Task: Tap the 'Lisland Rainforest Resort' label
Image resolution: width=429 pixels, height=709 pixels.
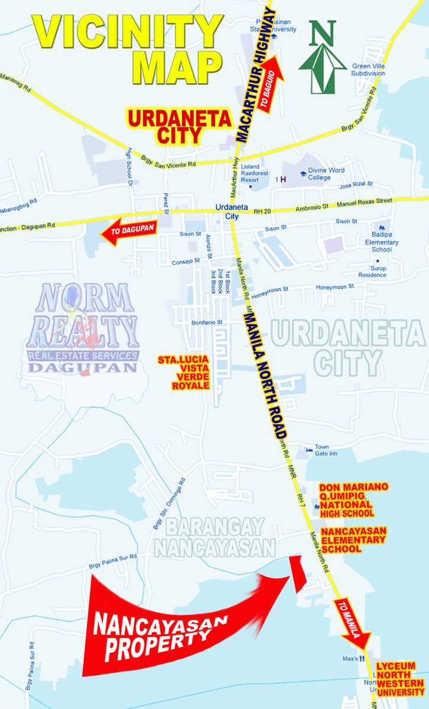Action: tap(255, 172)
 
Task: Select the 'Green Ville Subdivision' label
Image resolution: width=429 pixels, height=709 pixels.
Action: tap(369, 70)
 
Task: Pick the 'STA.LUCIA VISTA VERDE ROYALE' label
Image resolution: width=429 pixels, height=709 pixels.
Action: tap(183, 372)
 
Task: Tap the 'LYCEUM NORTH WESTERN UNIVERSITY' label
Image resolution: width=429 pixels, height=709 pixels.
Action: tap(401, 679)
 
